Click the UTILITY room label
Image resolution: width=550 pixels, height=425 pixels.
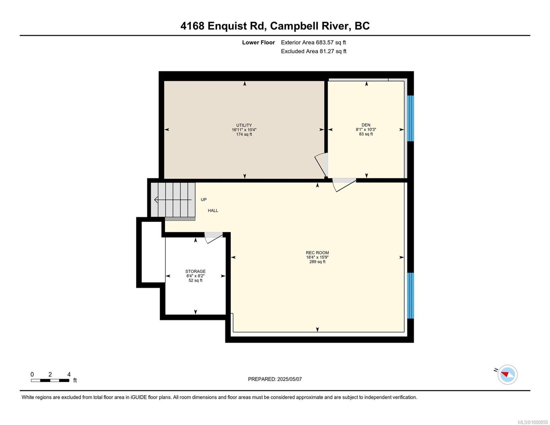244,125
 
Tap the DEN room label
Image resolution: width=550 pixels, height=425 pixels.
366,125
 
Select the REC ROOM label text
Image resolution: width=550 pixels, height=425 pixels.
317,253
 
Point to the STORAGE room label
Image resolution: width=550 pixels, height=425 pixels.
195,271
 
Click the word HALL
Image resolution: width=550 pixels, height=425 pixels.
213,210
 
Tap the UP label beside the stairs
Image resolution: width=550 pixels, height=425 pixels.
204,199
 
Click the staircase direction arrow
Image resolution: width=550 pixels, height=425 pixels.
173,200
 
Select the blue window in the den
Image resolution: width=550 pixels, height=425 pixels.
410,118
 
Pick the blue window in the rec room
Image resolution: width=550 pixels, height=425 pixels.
410,295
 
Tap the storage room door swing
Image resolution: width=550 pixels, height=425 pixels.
213,237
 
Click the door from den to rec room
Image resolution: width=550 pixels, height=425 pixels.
344,185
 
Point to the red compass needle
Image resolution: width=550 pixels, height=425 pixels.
505,374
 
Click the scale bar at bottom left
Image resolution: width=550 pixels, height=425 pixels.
50,380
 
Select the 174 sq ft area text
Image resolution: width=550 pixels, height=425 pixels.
244,134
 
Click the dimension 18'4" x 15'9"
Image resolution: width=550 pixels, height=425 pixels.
317,257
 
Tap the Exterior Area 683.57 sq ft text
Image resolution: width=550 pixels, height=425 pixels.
313,42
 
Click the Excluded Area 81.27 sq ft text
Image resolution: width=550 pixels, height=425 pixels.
313,51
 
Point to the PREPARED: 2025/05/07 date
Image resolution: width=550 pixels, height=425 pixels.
274,379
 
